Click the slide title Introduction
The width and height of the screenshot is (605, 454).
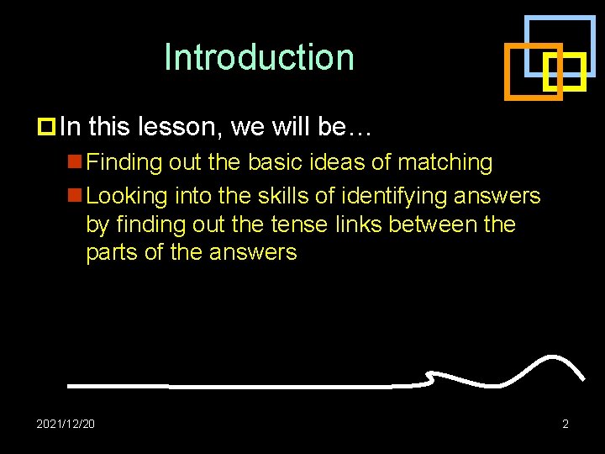coord(260,57)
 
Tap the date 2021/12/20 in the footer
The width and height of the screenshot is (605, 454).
coord(66,423)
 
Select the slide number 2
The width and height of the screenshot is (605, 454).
coord(565,423)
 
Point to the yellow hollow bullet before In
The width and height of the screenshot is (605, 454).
coord(47,127)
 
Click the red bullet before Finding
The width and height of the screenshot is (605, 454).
coord(75,161)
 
